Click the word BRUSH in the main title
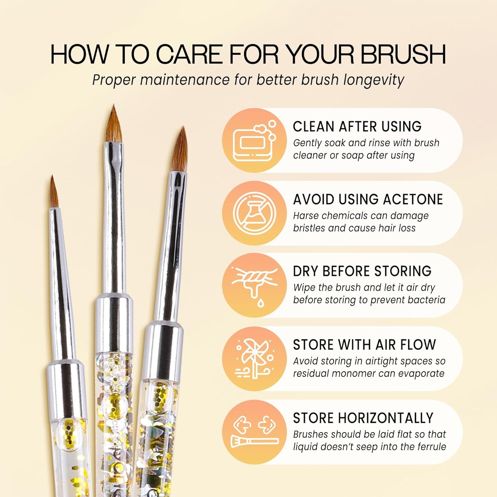403,54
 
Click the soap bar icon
254,141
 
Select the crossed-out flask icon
254,213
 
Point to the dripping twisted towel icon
254,285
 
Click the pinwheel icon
254,359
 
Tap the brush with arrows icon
254,432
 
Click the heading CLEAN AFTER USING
357,127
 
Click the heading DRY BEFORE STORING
362,271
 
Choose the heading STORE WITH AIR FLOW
364,345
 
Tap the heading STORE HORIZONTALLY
363,418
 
